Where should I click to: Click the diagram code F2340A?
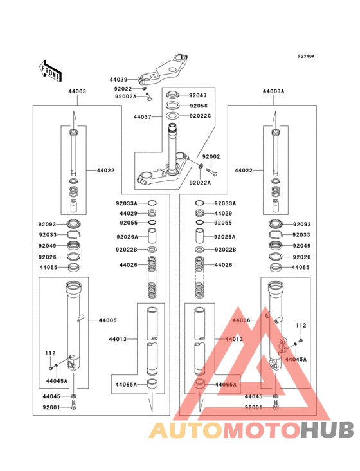click(x=306, y=57)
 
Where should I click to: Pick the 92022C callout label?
click(x=200, y=116)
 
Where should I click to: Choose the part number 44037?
click(x=142, y=117)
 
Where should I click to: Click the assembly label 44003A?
click(x=273, y=92)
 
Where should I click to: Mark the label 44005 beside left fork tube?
click(x=107, y=320)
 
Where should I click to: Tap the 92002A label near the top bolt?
click(x=125, y=97)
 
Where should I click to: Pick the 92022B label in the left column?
click(x=127, y=249)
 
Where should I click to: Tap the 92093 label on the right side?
click(x=301, y=225)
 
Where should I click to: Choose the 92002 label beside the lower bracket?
click(x=211, y=157)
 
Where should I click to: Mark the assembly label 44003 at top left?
click(x=77, y=92)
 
